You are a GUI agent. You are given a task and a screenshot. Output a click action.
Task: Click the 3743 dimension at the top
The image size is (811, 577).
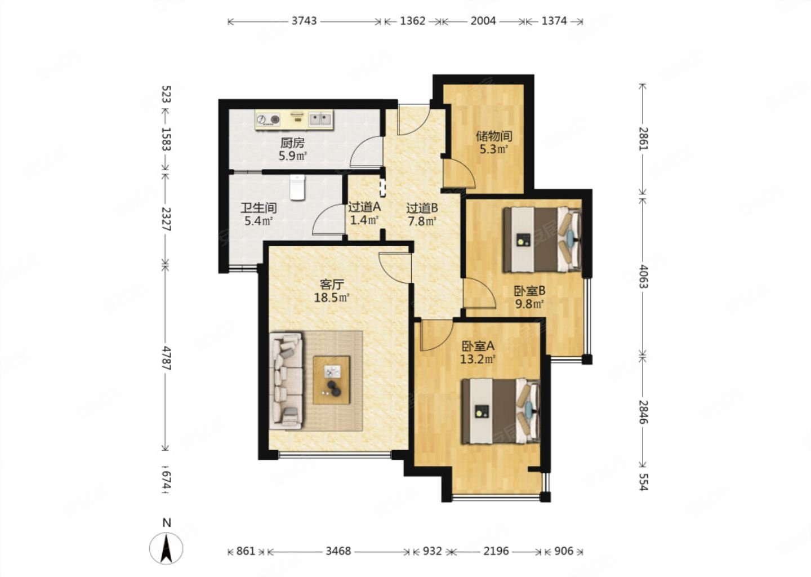tap(304, 21)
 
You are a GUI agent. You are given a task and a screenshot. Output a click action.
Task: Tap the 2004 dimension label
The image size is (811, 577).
tap(483, 21)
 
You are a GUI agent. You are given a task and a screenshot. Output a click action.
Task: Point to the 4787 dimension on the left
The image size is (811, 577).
tap(166, 358)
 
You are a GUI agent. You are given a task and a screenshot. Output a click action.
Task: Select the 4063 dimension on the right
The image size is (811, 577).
tap(643, 276)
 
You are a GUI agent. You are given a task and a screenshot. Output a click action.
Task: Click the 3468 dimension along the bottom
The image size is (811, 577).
tap(338, 551)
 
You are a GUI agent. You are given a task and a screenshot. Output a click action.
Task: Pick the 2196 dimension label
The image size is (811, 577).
tap(496, 551)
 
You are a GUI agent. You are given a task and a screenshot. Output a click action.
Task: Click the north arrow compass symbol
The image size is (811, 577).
tap(166, 548)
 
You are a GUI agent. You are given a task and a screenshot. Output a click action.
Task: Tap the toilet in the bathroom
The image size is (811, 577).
tap(297, 187)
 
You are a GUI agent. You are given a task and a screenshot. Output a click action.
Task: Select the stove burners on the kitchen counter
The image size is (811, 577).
tap(268, 119)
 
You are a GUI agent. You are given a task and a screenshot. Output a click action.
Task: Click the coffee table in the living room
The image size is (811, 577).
tap(331, 380)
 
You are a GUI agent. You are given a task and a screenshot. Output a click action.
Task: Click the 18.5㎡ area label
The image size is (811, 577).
tap(331, 298)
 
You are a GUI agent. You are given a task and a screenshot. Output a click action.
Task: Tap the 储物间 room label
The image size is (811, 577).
tap(494, 136)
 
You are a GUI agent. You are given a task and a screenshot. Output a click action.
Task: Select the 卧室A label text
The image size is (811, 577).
tap(478, 347)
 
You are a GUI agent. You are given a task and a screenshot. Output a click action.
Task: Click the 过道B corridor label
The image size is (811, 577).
tap(422, 208)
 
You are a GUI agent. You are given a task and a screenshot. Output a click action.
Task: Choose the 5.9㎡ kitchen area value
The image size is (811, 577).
tap(292, 156)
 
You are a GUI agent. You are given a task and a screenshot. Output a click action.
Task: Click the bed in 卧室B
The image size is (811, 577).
tap(542, 239)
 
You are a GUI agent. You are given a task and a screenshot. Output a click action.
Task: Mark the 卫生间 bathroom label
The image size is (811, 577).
tap(259, 208)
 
